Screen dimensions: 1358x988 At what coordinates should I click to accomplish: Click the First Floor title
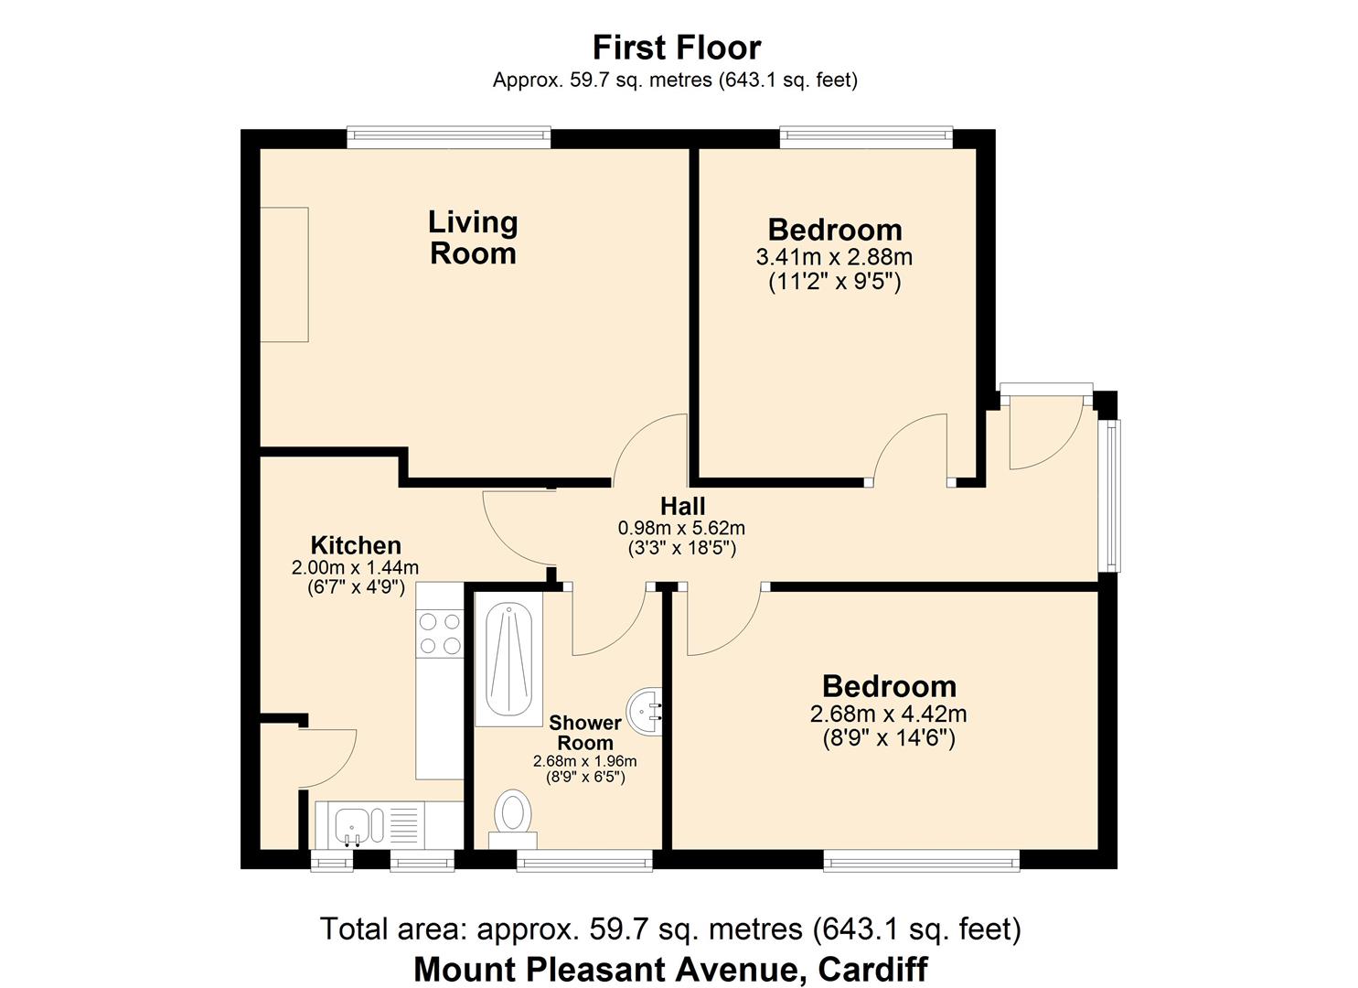click(677, 48)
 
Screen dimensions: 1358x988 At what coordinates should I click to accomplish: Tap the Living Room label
click(473, 237)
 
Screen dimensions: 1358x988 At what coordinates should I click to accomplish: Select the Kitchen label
click(356, 545)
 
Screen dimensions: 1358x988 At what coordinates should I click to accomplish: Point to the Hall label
click(682, 506)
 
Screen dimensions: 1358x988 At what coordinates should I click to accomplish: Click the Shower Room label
click(585, 733)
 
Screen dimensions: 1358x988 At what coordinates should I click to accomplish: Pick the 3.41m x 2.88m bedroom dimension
click(834, 257)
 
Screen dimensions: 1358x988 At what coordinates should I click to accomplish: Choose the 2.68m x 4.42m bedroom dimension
click(889, 714)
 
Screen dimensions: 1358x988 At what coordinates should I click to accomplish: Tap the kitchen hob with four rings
click(440, 634)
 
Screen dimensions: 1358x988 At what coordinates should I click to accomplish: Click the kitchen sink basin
click(350, 825)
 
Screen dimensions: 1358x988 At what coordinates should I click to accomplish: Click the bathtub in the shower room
click(508, 660)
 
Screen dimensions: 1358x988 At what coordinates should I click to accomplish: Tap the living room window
click(449, 137)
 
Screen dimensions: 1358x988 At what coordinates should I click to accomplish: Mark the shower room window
click(584, 860)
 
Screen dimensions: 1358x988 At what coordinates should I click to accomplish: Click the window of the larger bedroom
click(922, 860)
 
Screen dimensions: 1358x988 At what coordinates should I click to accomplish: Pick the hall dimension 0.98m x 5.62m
click(681, 528)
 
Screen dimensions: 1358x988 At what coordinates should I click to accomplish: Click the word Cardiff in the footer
click(873, 969)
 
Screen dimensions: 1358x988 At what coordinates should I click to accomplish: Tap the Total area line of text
click(670, 929)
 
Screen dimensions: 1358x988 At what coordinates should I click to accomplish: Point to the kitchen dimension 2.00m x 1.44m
click(355, 568)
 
